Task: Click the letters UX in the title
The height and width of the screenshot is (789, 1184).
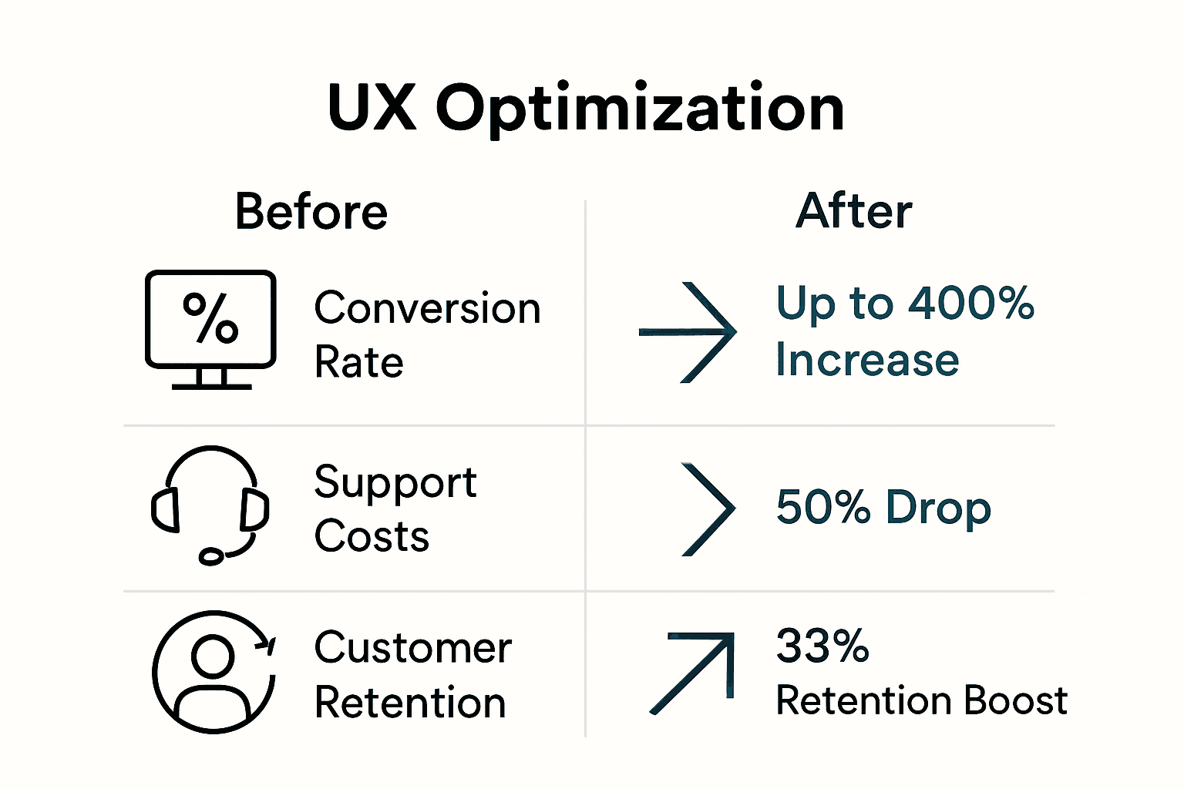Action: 372,108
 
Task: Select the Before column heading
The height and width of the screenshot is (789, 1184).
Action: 311,212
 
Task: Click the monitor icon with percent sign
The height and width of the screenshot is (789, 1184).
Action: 210,328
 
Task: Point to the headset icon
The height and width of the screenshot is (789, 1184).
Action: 210,505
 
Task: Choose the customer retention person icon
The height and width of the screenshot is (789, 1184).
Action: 214,672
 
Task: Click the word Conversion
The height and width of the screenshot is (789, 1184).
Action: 427,308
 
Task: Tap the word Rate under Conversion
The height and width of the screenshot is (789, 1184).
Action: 358,362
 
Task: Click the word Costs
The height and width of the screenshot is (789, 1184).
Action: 372,536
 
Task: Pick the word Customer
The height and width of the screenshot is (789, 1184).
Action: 413,648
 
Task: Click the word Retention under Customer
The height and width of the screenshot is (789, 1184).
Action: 410,703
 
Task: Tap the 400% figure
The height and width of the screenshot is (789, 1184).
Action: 970,303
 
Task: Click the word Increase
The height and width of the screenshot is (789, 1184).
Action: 867,360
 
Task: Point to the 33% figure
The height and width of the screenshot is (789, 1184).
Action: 822,646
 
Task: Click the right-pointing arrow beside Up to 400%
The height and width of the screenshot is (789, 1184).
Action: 688,332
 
